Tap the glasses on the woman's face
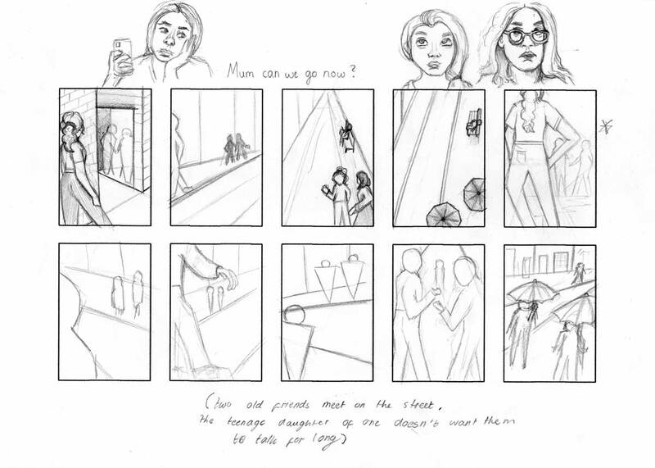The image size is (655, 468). pyautogui.click(x=526, y=37)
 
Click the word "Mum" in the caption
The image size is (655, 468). pyautogui.click(x=241, y=71)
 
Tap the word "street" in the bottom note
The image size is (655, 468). pyautogui.click(x=418, y=404)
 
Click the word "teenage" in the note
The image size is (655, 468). pyautogui.click(x=246, y=422)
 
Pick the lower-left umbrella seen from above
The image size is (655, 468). pyautogui.click(x=443, y=216)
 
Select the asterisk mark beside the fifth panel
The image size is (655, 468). pyautogui.click(x=606, y=126)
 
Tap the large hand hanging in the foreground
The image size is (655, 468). pyautogui.click(x=228, y=278)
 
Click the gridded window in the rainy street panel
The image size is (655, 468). pyautogui.click(x=562, y=261)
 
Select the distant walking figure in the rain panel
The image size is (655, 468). pyautogui.click(x=578, y=274)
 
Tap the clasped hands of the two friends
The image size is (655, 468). pyautogui.click(x=436, y=299)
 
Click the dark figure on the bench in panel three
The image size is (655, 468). pyautogui.click(x=347, y=135)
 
